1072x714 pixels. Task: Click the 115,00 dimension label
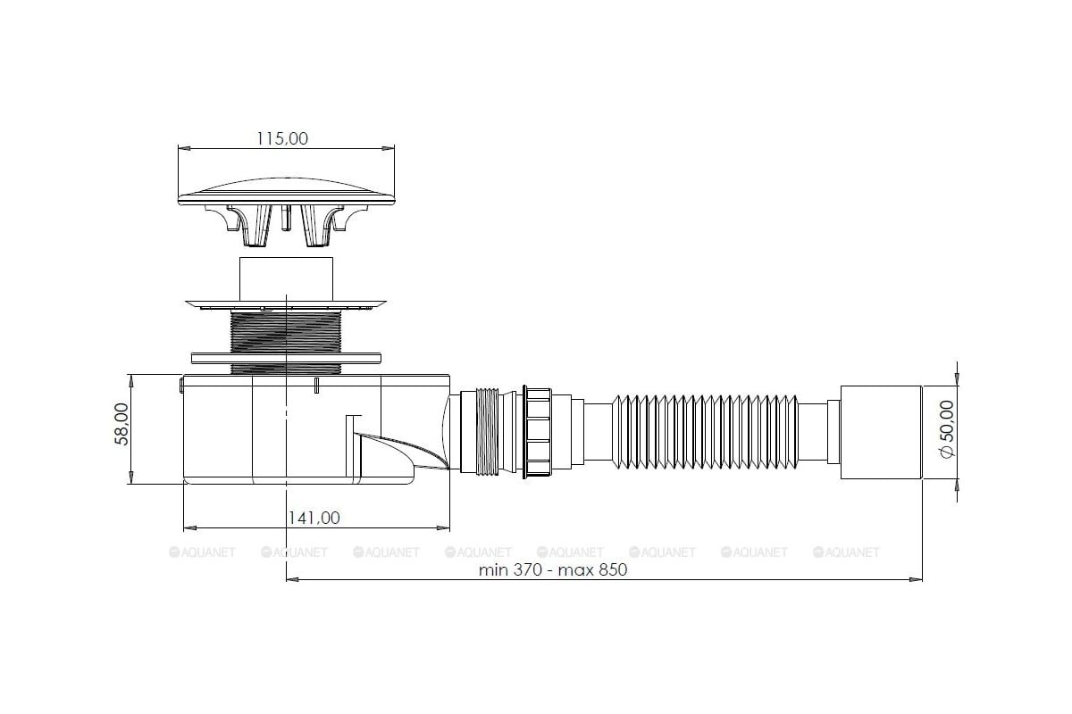click(x=282, y=138)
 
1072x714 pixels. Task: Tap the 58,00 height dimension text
click(x=122, y=424)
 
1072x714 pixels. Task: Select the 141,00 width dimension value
click(x=314, y=518)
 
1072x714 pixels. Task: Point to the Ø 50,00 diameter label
click(x=947, y=429)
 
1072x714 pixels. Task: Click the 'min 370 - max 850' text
click(x=553, y=569)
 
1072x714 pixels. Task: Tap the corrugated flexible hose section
click(x=705, y=432)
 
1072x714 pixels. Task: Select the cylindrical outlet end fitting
click(x=881, y=432)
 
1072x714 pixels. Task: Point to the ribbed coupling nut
click(x=538, y=432)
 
